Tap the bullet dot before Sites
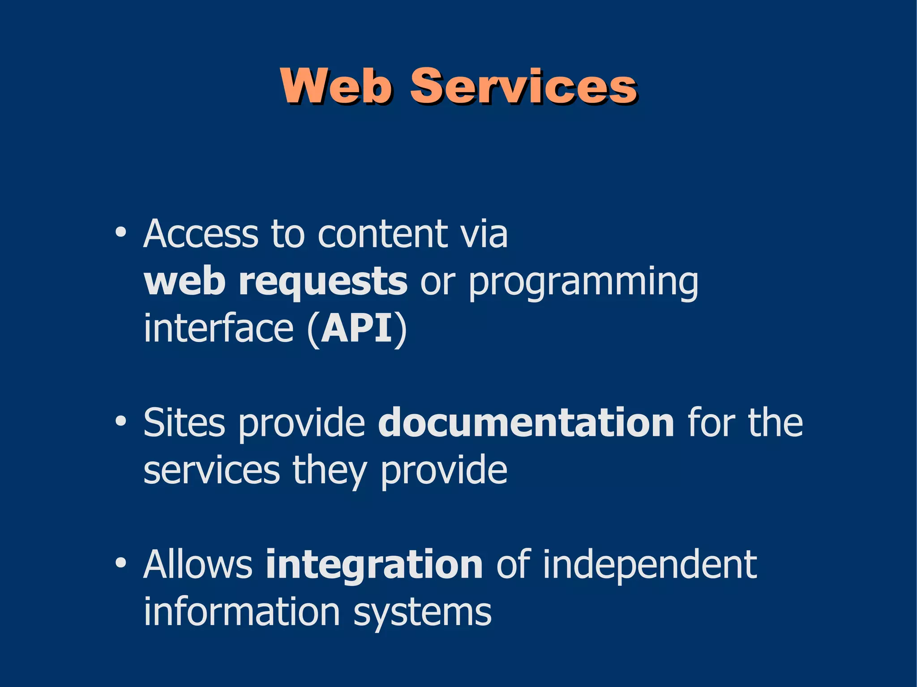pos(120,421)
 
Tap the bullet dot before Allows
pos(120,563)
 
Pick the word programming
pos(583,283)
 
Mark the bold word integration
pos(374,565)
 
